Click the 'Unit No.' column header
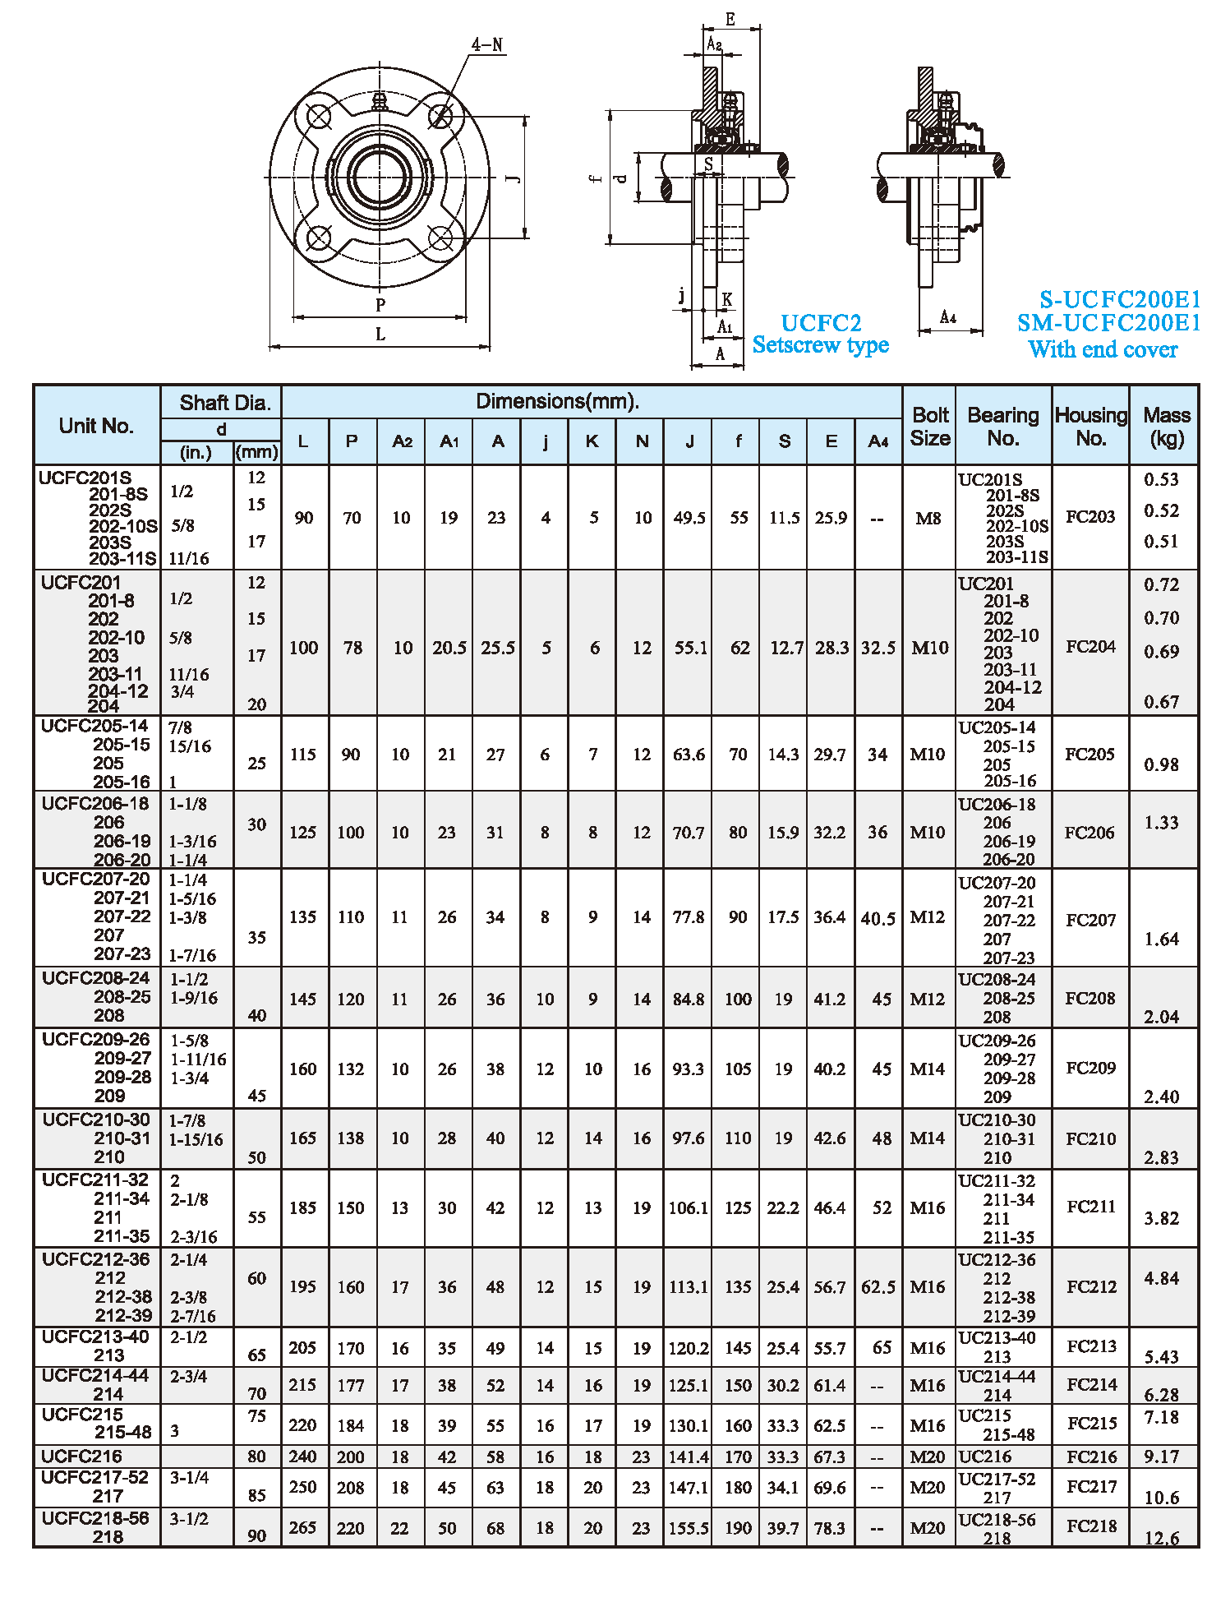[96, 426]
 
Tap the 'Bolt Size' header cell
[929, 427]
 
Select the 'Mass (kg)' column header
[1166, 427]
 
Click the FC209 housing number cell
[1090, 1068]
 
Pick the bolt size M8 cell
[928, 519]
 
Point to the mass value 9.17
[1161, 1457]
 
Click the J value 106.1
[689, 1207]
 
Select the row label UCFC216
[82, 1457]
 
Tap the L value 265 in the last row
[302, 1527]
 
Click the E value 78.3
[830, 1527]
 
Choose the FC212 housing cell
[1091, 1286]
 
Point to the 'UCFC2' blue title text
[820, 323]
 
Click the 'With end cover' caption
[1103, 349]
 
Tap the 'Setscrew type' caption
[820, 345]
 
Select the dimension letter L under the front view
[380, 335]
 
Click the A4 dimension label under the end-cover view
[948, 317]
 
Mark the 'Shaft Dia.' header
[224, 403]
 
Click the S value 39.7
[783, 1527]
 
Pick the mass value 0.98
[1161, 764]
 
